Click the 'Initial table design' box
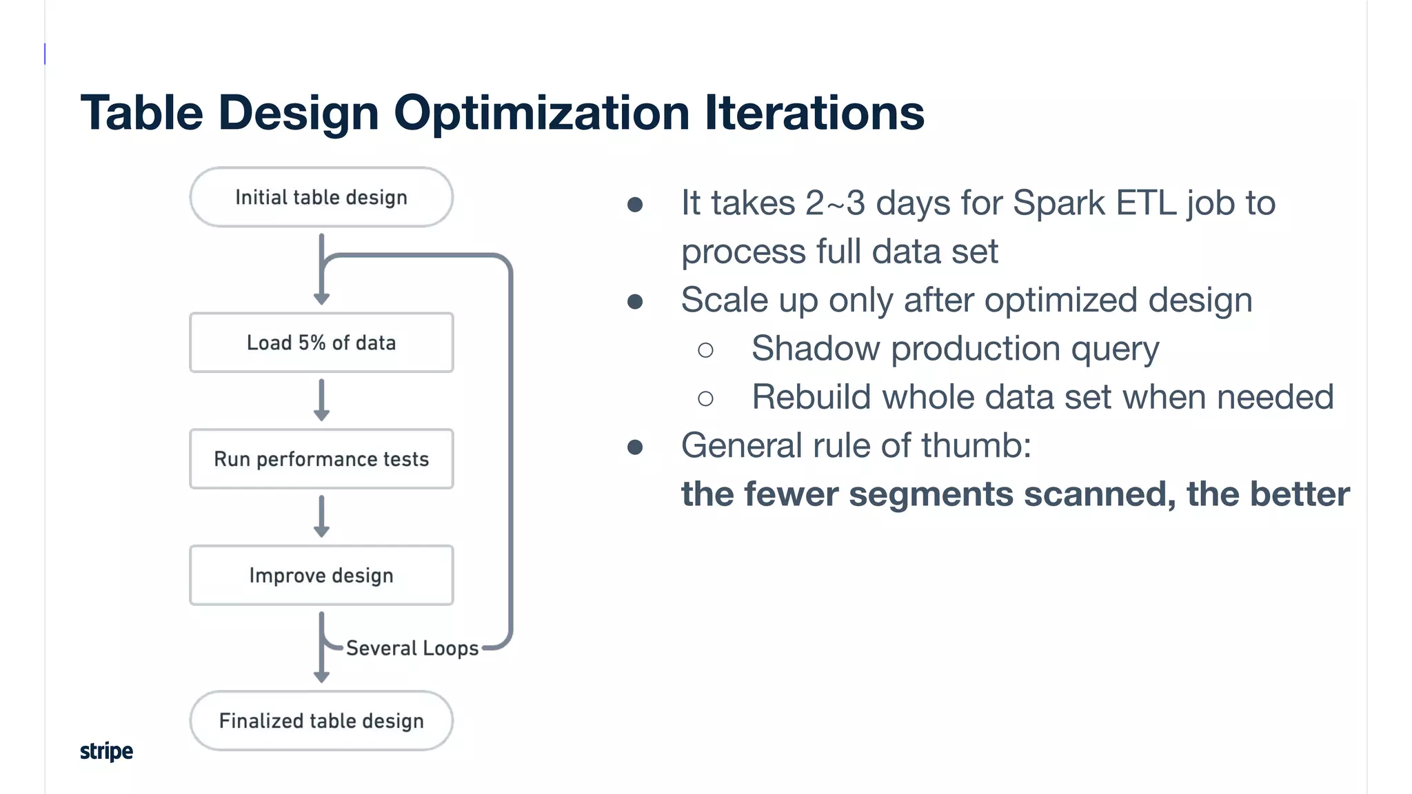[x=321, y=197]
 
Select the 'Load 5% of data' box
[x=321, y=343]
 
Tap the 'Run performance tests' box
[x=321, y=459]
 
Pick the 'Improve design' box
[x=321, y=576]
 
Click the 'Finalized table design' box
[x=321, y=721]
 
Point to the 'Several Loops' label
[x=412, y=648]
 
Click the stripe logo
[x=106, y=751]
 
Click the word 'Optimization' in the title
[x=541, y=113]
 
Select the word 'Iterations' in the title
[x=814, y=113]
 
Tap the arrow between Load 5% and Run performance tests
[x=321, y=400]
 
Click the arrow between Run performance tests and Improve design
[x=321, y=516]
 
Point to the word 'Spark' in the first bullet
[x=1058, y=203]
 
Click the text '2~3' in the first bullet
[x=834, y=203]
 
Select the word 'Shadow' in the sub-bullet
[x=815, y=349]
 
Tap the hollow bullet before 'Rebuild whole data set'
[x=705, y=398]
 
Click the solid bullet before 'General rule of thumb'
[x=635, y=447]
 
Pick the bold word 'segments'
[x=931, y=494]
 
